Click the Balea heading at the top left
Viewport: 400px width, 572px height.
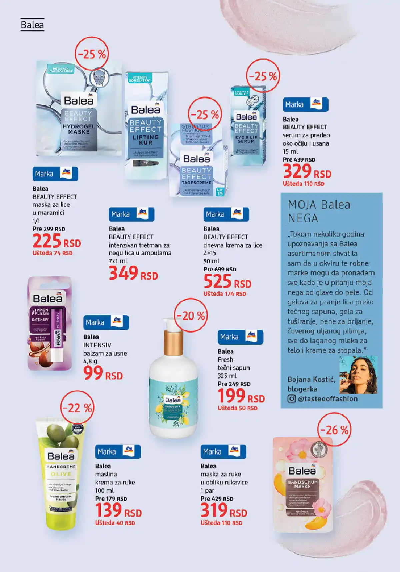32,25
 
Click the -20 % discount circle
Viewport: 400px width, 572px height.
191,315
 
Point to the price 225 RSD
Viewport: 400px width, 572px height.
56,241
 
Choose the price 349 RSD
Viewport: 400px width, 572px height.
133,274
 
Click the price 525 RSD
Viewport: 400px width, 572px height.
227,282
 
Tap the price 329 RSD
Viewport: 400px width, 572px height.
307,172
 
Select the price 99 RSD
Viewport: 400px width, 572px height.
103,373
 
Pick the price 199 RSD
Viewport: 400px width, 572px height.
241,396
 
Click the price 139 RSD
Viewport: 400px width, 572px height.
118,511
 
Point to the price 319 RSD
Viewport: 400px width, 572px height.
224,511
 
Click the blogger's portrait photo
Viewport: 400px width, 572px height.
358,375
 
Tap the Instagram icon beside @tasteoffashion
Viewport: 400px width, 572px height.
292,399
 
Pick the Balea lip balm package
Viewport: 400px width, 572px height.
50,323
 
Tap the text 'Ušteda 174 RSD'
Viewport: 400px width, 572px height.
225,294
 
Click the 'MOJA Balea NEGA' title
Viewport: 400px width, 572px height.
319,211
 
